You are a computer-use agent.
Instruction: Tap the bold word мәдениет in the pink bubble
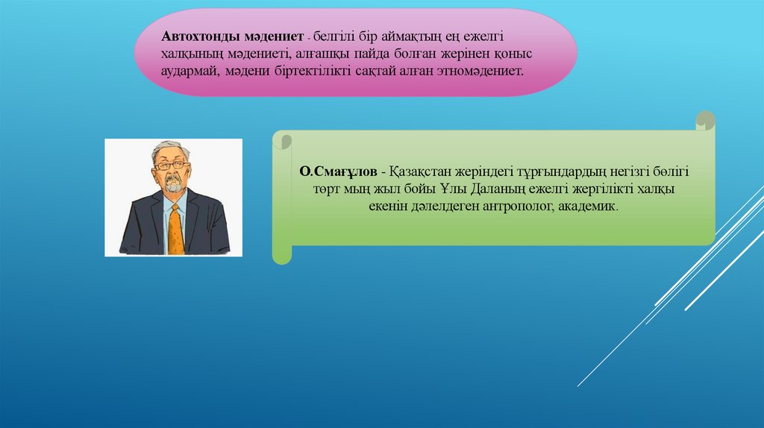coord(274,37)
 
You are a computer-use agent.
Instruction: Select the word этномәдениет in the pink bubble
coord(480,71)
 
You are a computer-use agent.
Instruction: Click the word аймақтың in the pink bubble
coord(412,37)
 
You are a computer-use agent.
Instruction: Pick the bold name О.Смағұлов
coord(338,171)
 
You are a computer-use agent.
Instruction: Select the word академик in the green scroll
coord(588,206)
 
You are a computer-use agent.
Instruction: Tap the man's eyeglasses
coord(172,166)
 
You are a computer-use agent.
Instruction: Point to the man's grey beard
coord(173,185)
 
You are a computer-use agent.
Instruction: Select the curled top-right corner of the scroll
coord(705,120)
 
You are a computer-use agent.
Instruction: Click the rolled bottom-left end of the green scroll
coord(281,254)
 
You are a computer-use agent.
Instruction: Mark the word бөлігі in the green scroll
coord(671,172)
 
